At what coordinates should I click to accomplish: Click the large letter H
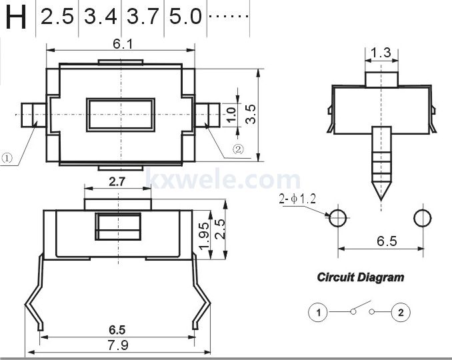(16, 17)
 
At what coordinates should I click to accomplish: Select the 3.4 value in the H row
(100, 17)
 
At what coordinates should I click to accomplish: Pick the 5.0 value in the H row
(185, 17)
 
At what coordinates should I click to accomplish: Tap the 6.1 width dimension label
(123, 44)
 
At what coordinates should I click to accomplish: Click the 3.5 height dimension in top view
(251, 114)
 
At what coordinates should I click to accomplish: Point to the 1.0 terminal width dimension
(231, 115)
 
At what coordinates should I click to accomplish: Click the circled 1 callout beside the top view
(7, 158)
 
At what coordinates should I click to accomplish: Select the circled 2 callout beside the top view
(238, 149)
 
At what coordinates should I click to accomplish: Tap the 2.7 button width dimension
(117, 181)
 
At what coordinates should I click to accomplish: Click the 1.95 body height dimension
(204, 236)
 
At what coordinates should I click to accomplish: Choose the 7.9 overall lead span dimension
(118, 345)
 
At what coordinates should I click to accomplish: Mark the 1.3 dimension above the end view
(381, 53)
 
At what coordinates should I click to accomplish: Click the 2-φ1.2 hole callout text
(297, 199)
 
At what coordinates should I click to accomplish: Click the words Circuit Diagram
(361, 277)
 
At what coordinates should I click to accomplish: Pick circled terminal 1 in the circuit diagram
(318, 312)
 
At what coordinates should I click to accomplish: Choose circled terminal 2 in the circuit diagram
(401, 312)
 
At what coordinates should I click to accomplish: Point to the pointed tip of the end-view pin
(381, 200)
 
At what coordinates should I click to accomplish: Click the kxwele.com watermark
(223, 179)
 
